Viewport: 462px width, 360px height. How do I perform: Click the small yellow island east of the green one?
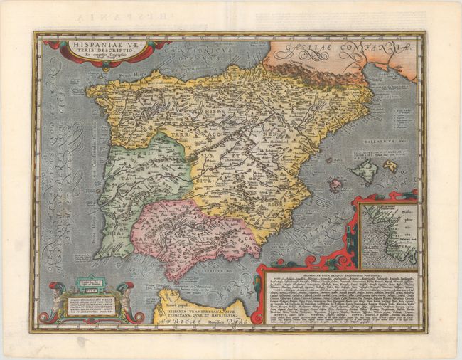(390, 166)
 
